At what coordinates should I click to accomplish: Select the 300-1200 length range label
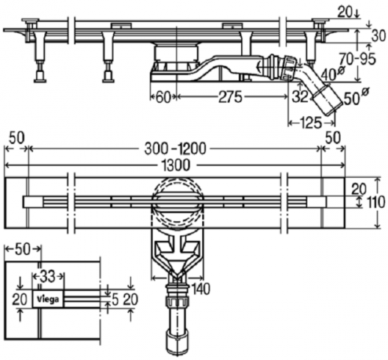(175, 149)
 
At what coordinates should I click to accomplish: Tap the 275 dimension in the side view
(230, 97)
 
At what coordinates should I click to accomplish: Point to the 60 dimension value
(163, 97)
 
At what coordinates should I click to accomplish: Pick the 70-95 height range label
(357, 59)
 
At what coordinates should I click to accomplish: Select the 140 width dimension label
(201, 289)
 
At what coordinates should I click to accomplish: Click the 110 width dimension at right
(376, 202)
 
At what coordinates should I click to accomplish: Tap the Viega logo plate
(48, 298)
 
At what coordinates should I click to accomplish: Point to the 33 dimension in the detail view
(47, 277)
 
